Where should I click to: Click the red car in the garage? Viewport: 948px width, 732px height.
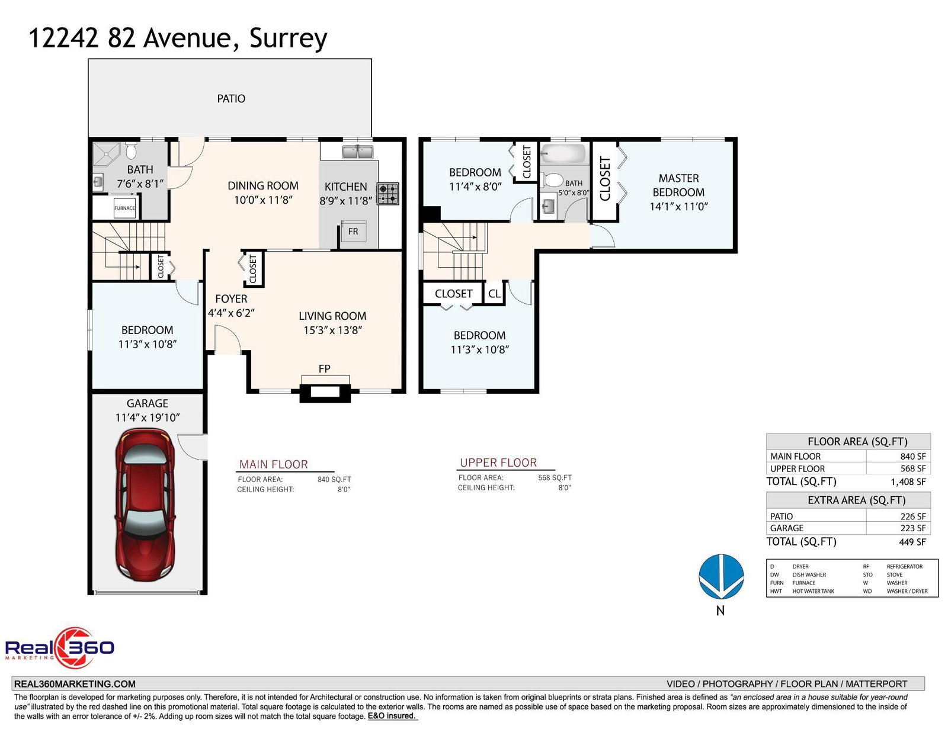coord(145,504)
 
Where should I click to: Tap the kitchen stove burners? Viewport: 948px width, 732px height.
coord(388,194)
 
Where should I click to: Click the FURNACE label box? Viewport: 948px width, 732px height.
coord(125,208)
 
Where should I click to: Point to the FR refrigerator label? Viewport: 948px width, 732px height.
coord(353,232)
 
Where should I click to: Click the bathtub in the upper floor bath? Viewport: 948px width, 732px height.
coord(563,153)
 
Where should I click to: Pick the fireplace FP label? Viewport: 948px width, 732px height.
coord(324,369)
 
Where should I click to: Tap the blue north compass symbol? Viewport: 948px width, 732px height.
coord(721,576)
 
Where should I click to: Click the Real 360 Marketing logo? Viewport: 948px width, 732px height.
coord(60,647)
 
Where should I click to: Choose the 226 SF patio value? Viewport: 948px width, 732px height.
coord(913,516)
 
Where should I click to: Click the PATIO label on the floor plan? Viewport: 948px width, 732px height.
coord(231,98)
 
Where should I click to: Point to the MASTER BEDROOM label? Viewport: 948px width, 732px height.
coord(678,185)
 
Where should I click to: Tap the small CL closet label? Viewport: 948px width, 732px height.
coord(494,293)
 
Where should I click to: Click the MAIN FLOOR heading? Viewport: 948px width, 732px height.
coord(274,464)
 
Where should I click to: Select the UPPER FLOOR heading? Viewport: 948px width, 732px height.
coord(498,463)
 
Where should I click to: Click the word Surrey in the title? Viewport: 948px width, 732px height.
coord(288,38)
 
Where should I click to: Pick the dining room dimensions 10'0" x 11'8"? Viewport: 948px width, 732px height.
coord(263,200)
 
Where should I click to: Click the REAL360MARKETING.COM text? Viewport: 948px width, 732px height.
coord(75,684)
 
